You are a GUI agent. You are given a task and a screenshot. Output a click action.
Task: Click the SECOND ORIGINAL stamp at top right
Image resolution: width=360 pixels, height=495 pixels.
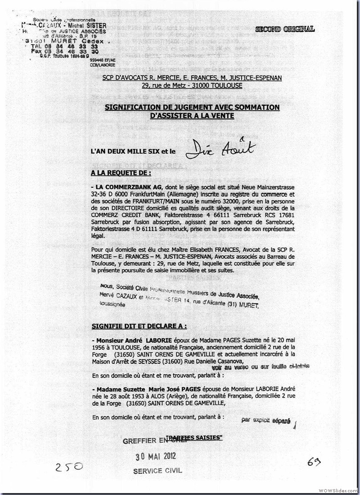[285, 29]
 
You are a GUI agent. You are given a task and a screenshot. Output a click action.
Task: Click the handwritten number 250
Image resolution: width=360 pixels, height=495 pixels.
[70, 467]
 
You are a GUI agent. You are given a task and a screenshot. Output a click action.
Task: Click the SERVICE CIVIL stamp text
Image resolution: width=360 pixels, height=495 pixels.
[157, 471]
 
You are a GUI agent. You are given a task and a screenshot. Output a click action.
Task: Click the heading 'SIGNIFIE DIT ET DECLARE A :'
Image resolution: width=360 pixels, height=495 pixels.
[139, 326]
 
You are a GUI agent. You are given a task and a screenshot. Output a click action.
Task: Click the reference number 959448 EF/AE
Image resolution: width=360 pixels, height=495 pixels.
[103, 59]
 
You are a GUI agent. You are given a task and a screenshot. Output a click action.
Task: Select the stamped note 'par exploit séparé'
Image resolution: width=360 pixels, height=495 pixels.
[266, 420]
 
